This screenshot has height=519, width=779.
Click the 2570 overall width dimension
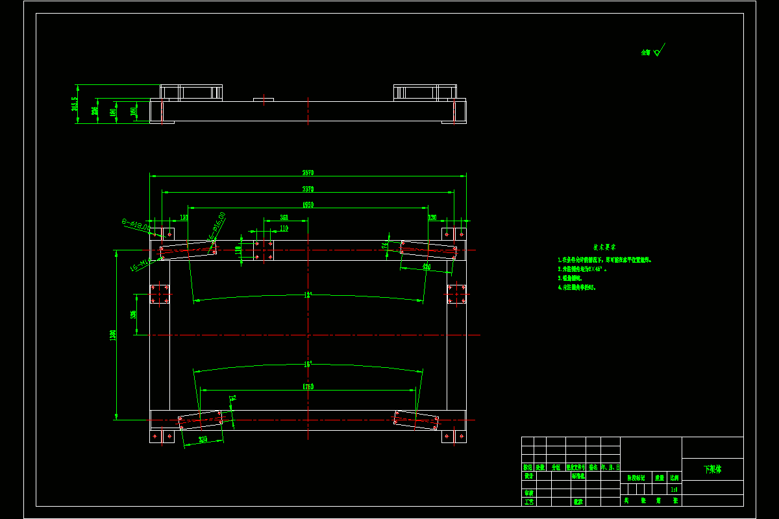click(308, 173)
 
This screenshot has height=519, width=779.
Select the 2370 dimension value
click(308, 189)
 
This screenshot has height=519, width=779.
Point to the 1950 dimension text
click(308, 205)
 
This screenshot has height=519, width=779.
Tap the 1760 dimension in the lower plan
click(308, 387)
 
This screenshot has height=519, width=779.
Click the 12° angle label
click(308, 295)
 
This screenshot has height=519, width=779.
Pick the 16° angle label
click(308, 364)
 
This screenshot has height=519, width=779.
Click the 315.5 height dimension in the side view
click(75, 104)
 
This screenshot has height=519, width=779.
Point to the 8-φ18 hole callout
click(136, 226)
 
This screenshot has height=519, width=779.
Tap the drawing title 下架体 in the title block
click(713, 469)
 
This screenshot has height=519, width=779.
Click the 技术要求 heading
click(604, 247)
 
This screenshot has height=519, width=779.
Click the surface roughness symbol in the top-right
click(657, 51)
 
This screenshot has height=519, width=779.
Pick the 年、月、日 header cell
click(610, 467)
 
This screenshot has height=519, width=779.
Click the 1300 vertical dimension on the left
click(113, 335)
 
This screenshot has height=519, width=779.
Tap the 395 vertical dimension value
click(133, 315)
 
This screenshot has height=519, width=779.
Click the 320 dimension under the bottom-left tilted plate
click(203, 439)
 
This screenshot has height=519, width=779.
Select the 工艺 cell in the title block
click(528, 501)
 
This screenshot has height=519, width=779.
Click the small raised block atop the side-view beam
click(264, 99)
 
